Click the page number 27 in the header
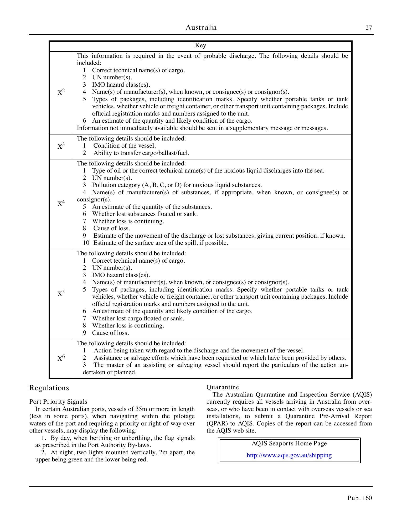368,28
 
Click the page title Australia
201,28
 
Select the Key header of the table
200,45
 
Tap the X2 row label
61,92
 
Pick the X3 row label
61,146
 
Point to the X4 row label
61,204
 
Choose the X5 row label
61,293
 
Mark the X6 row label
61,358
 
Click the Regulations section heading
49,388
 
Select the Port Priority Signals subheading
58,402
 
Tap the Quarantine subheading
223,387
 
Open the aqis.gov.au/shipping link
289,455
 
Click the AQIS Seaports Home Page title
289,443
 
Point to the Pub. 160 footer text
359,498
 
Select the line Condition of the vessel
125,145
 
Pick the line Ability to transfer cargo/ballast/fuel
141,153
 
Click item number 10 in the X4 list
86,243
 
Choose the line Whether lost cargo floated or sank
138,318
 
